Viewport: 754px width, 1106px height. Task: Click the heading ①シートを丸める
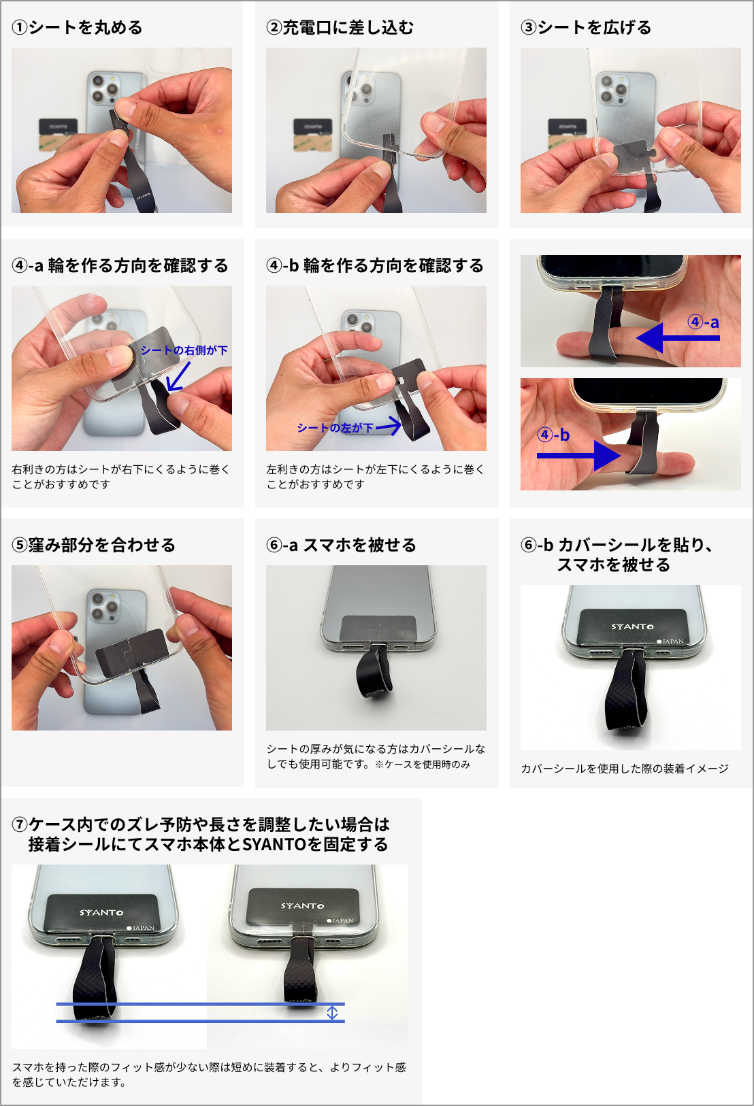pos(78,28)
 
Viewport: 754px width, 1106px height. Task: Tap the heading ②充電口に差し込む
pos(340,28)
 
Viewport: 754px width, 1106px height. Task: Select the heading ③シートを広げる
pos(586,28)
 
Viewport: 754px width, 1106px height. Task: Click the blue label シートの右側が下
pos(184,350)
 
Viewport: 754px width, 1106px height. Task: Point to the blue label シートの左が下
pos(335,428)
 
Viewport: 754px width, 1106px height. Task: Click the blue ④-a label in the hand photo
pos(703,322)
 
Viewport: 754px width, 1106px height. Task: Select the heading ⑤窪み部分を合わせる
pos(94,546)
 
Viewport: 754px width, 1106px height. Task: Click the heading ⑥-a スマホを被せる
pos(341,546)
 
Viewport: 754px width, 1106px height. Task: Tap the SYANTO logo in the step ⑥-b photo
pos(632,626)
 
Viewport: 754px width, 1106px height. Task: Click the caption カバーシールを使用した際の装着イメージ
pos(624,769)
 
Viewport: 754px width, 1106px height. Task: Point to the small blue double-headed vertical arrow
pos(332,1012)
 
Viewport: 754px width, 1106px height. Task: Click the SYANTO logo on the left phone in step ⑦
pos(101,912)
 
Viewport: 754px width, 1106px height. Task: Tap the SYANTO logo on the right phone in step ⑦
pos(303,905)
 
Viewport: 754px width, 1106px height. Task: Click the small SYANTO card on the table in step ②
pos(312,127)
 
